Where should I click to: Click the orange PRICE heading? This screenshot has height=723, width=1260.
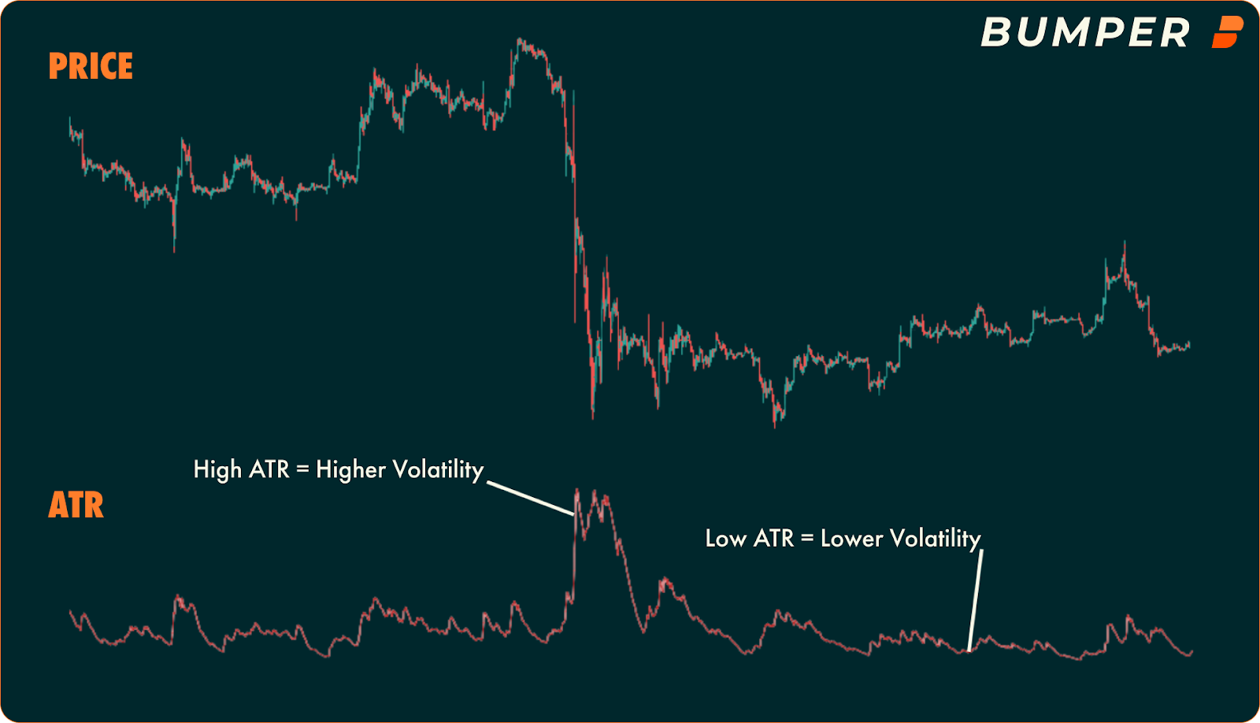[x=91, y=66]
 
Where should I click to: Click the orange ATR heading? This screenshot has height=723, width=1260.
[x=76, y=505]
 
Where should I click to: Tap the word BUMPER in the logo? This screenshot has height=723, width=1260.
[x=1084, y=33]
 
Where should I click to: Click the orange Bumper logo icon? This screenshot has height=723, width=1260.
[x=1227, y=32]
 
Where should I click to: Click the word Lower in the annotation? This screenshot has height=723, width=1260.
[x=851, y=539]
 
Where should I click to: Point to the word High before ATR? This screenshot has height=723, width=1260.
[x=217, y=469]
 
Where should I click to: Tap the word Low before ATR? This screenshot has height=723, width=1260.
[x=725, y=539]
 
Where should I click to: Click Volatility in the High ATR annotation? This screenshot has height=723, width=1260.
[x=438, y=470]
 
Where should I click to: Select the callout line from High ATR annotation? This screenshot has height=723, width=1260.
[x=531, y=499]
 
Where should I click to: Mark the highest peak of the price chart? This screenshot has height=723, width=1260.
[x=520, y=39]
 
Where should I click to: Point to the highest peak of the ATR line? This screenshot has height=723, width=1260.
[x=577, y=491]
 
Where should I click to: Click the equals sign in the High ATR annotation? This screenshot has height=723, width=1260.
[x=302, y=470]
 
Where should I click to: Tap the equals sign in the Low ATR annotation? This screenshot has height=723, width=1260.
[x=806, y=539]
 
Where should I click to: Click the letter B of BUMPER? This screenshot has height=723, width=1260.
[x=996, y=33]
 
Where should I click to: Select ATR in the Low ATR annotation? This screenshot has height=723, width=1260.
[x=773, y=539]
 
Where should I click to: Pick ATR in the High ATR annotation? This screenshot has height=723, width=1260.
[x=269, y=469]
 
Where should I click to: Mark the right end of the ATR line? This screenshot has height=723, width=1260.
[x=1191, y=652]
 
